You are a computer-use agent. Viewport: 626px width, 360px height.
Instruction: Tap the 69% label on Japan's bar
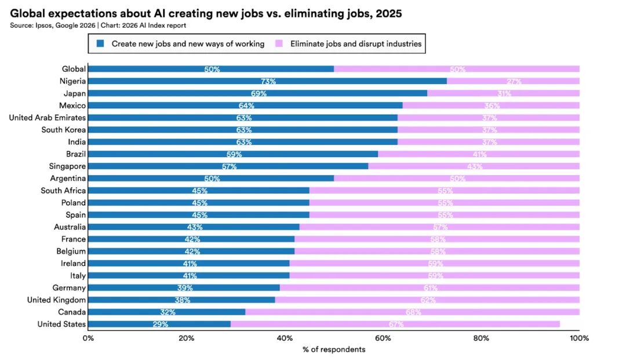[x=259, y=94]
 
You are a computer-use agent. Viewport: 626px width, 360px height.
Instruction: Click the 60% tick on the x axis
[x=383, y=338]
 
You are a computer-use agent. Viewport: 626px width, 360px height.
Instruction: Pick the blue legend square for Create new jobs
[x=100, y=43]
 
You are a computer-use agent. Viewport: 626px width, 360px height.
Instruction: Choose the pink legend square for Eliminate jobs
[x=278, y=43]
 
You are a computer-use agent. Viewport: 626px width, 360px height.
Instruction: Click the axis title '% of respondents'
[x=333, y=350]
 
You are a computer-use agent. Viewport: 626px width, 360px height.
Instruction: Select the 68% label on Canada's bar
[x=413, y=312]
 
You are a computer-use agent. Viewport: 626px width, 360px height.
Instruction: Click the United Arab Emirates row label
[x=47, y=118]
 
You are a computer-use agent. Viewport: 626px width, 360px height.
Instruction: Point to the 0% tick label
[x=88, y=338]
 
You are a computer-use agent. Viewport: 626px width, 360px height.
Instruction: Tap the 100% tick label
[x=579, y=338]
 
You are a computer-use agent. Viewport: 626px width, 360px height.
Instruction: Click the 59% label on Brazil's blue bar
[x=234, y=154]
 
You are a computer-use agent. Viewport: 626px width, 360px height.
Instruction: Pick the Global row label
[x=74, y=69]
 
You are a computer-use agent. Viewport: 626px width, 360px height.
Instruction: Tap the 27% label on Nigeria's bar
[x=514, y=82]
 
